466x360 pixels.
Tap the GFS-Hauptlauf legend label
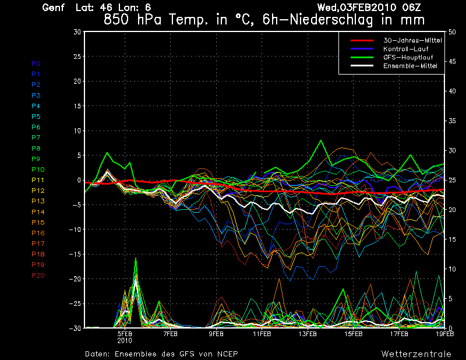(406, 57)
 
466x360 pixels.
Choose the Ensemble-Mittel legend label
(409, 66)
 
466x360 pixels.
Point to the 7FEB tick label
(170, 334)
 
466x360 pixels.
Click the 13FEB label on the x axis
(308, 334)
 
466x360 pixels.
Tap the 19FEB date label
(444, 334)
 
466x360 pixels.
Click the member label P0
(36, 63)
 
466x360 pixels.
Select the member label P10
(37, 170)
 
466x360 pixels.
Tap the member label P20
(37, 276)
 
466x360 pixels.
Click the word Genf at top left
(54, 8)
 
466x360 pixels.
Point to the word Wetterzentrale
(416, 354)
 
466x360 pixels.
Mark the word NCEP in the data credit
(226, 354)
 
